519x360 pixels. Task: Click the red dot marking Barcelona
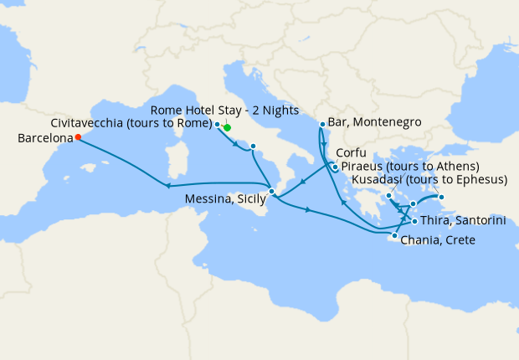tap(78, 137)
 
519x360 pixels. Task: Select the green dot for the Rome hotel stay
tap(227, 128)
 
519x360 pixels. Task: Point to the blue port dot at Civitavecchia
tap(218, 125)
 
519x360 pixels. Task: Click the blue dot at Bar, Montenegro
tap(322, 125)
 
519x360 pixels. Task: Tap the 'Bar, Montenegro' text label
tap(375, 122)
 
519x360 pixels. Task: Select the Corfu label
tap(352, 154)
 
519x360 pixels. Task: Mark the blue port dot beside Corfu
tap(335, 166)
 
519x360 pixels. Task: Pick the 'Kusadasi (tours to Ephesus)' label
tap(430, 180)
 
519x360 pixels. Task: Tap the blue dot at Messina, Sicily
tap(271, 192)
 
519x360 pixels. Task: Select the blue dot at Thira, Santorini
tap(414, 221)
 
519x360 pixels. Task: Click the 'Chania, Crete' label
tap(439, 241)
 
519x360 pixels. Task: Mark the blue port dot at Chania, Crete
tap(394, 236)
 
